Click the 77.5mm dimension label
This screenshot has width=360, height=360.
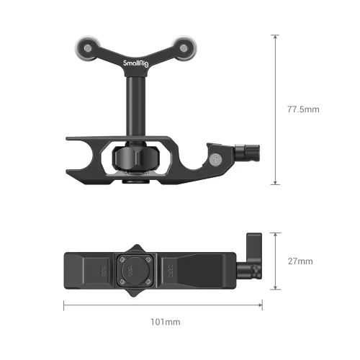pos(302,109)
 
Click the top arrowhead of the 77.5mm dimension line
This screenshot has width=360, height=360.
pos(274,36)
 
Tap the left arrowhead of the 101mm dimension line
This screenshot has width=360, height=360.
pos(66,305)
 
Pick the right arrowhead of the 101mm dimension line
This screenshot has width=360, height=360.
pos(261,305)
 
